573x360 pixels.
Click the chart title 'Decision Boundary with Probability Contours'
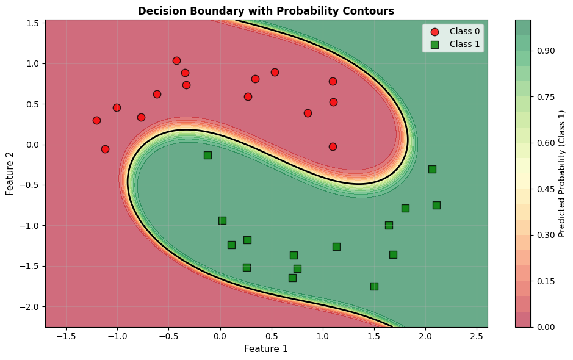coord(266,11)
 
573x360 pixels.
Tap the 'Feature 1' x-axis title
coord(266,349)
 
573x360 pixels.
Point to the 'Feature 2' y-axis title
coord(10,173)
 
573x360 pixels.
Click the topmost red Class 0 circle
coord(176,60)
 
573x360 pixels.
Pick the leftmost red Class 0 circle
coord(96,120)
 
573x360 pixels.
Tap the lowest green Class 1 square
coord(374,286)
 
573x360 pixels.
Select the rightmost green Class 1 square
coord(436,205)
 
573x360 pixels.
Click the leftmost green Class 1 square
coord(207,155)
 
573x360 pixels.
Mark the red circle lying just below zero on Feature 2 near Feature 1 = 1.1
coord(333,146)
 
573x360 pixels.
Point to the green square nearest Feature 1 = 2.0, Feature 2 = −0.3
coord(432,169)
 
